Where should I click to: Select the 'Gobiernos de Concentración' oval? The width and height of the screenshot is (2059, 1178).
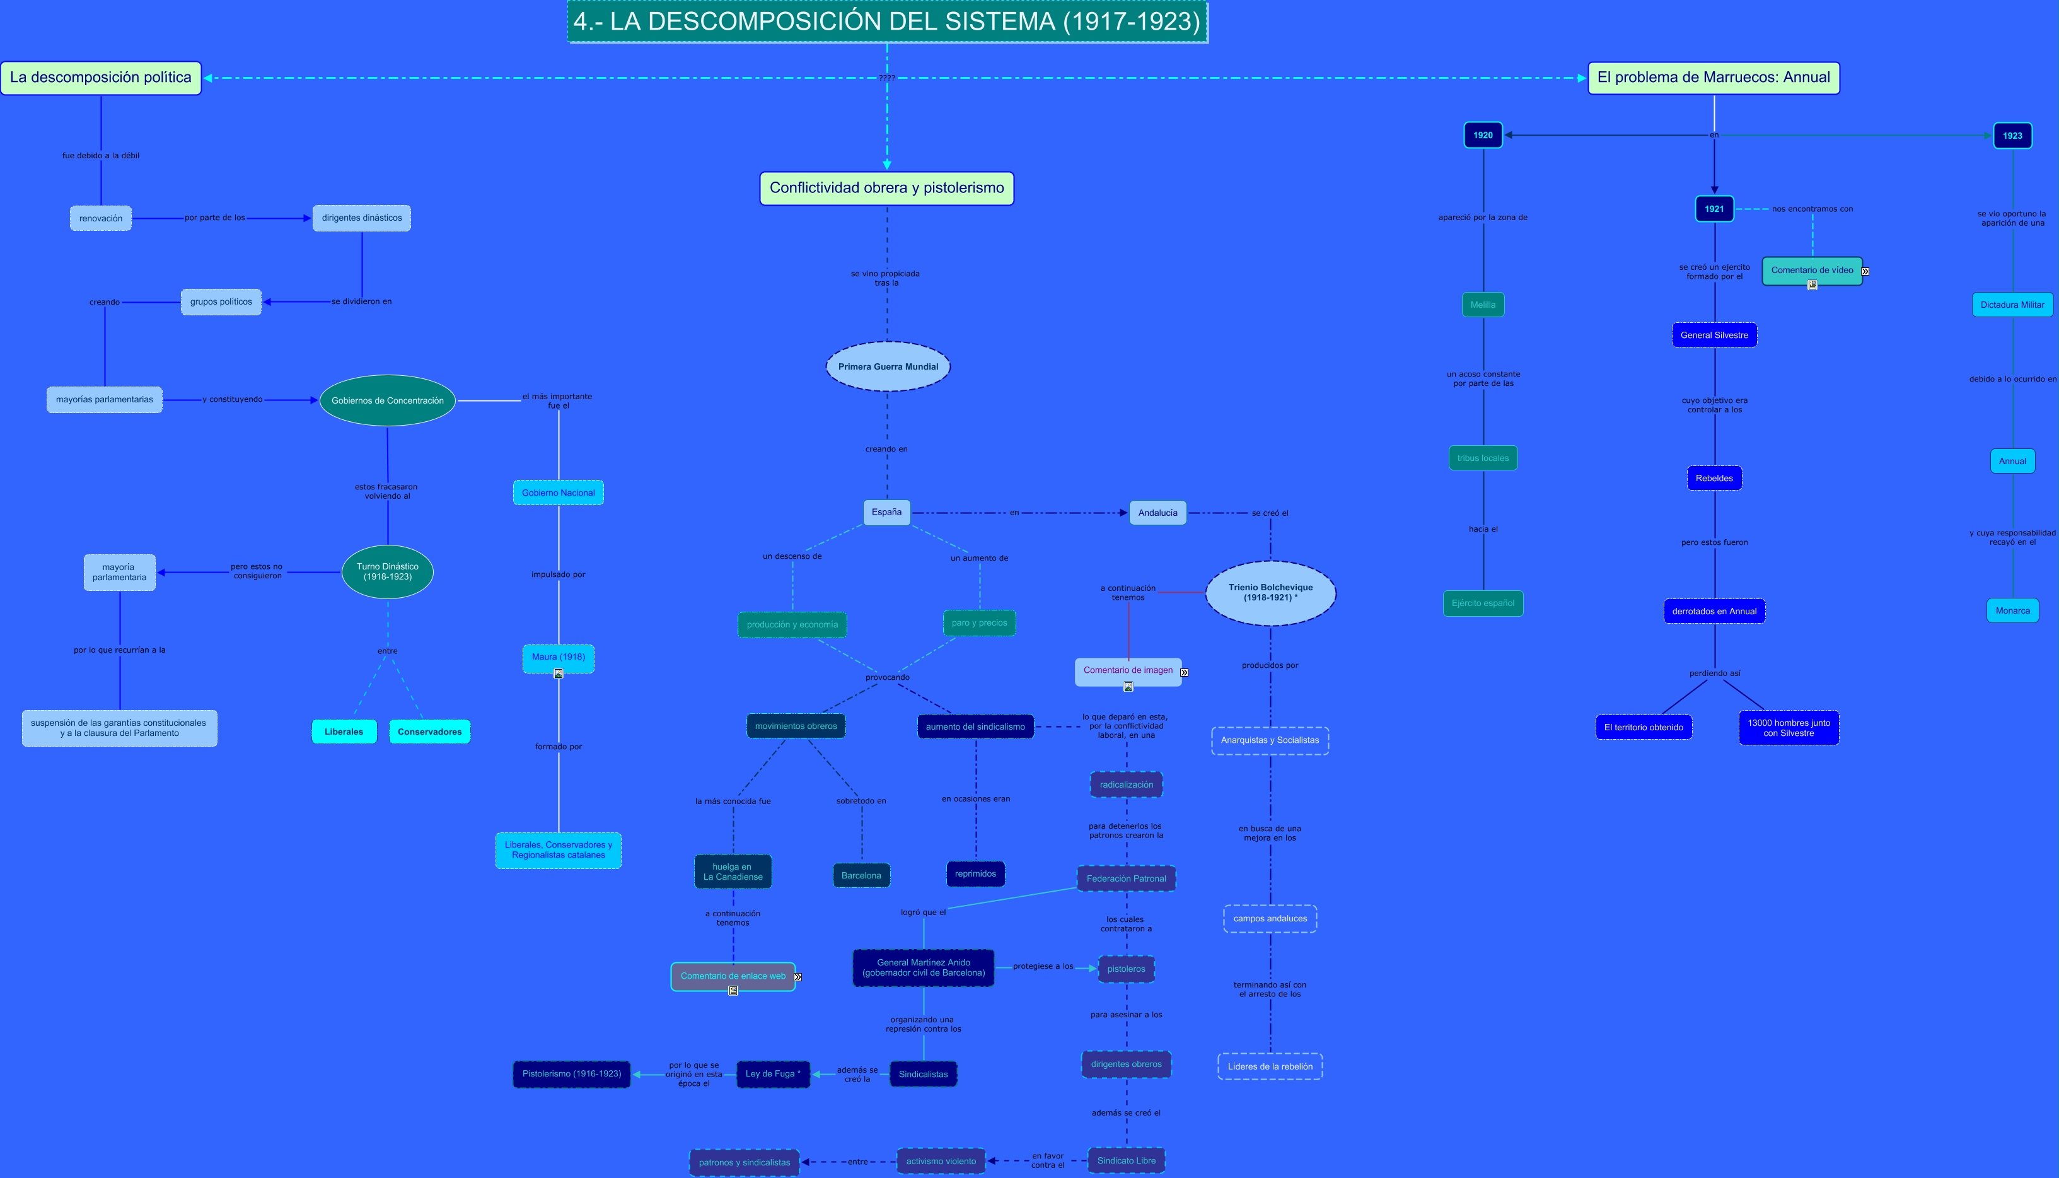point(387,400)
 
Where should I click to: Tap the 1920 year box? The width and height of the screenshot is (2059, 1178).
point(1482,135)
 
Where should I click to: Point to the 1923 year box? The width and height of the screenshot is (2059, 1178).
point(2012,136)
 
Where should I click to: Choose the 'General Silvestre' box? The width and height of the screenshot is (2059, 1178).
point(1714,335)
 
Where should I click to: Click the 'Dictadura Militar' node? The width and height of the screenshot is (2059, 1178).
point(2012,305)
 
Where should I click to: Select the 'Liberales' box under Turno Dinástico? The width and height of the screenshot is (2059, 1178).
point(344,732)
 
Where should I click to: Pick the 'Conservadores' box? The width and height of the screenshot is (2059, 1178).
point(429,732)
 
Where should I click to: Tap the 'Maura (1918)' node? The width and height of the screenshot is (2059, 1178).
point(558,657)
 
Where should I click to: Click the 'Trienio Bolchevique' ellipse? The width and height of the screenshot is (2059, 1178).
point(1270,592)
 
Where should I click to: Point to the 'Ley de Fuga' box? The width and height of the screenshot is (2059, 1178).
point(772,1073)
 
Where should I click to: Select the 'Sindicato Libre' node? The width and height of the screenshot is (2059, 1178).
point(1126,1160)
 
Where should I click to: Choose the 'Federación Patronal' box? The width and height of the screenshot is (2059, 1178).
point(1126,878)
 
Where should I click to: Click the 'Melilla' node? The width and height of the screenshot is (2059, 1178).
point(1482,305)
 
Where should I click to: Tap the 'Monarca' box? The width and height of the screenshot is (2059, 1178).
point(2012,611)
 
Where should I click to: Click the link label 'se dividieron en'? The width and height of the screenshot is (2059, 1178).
point(361,302)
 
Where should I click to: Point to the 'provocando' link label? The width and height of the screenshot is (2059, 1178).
point(887,677)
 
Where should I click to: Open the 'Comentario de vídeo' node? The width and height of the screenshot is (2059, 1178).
point(1811,271)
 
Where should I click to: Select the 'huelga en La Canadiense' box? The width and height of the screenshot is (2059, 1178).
point(733,872)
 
